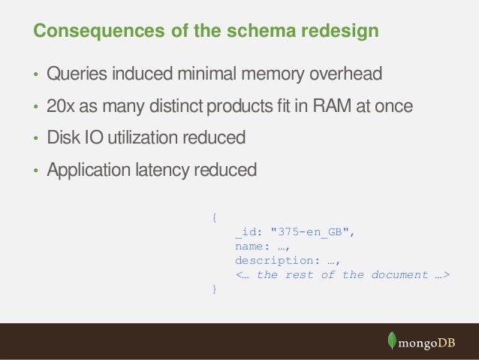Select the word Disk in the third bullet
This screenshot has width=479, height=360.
(62, 138)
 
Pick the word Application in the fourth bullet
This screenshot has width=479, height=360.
(87, 171)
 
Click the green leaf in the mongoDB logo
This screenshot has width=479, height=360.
(391, 340)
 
